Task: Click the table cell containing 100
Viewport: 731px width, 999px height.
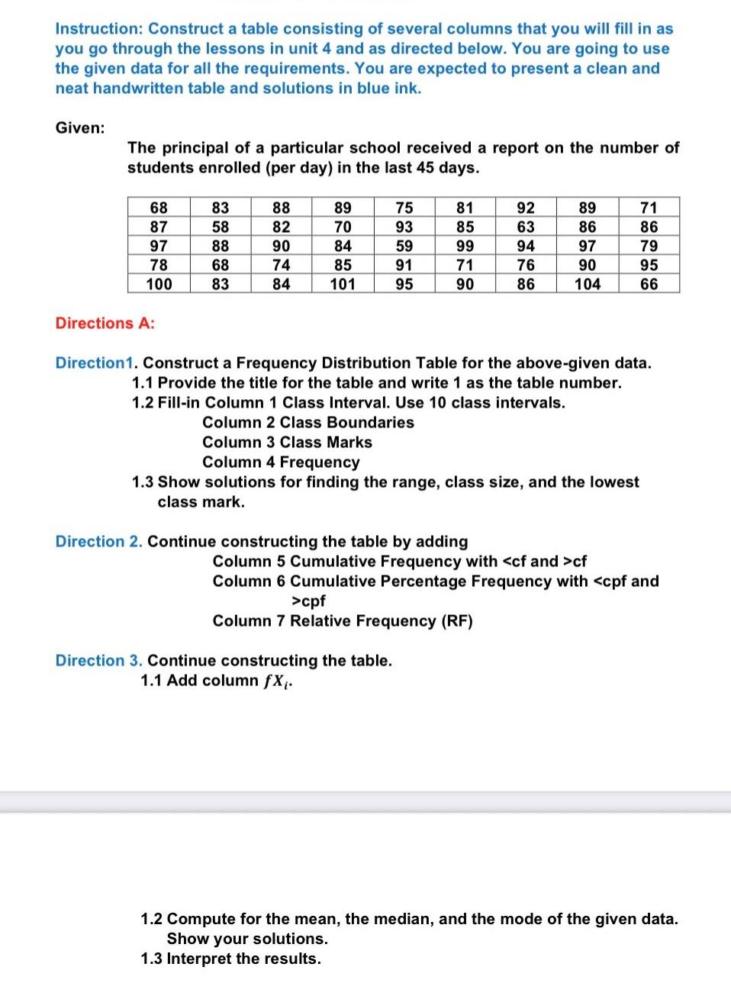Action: click(x=159, y=284)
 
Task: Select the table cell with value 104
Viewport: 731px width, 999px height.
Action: click(x=587, y=284)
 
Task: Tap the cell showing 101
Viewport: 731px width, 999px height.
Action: click(x=343, y=284)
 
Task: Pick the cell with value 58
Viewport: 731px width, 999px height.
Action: click(x=220, y=227)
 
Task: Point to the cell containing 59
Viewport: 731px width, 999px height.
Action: click(x=404, y=246)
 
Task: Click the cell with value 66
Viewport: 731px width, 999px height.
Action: click(x=649, y=284)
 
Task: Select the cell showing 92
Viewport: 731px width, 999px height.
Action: click(x=526, y=208)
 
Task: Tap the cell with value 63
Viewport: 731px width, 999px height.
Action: click(x=526, y=227)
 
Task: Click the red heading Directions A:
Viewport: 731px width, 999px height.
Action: click(x=105, y=323)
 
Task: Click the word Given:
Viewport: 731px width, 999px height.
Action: click(x=80, y=127)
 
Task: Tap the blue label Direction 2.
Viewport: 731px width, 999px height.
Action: click(x=98, y=541)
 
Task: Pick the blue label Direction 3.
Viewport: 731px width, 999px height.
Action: click(x=98, y=660)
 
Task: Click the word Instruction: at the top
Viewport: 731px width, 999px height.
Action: click(x=99, y=29)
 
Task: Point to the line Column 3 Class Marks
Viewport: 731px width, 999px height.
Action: click(x=287, y=442)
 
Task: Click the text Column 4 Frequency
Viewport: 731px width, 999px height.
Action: click(x=281, y=462)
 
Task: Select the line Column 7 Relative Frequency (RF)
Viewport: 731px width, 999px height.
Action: click(x=343, y=620)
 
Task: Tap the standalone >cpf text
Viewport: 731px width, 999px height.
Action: click(x=308, y=601)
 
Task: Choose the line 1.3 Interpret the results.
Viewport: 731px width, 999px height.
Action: click(x=230, y=959)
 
